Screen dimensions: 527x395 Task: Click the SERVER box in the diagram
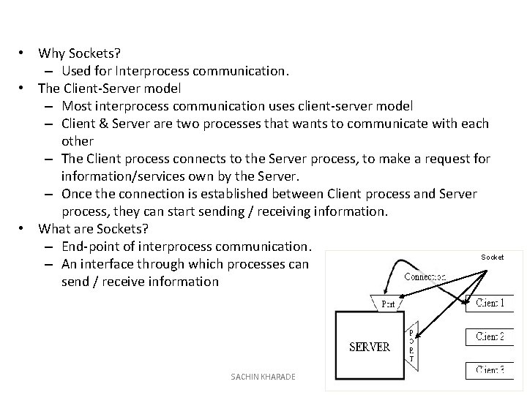370,345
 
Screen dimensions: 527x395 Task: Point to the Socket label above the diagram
492,257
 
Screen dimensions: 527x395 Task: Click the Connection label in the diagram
425,277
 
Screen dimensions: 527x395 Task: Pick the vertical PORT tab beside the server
411,343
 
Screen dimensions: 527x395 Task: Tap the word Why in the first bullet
51,53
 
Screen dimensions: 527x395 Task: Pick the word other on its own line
78,141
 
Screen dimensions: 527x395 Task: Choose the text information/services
131,176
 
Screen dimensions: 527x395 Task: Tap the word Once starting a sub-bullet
78,194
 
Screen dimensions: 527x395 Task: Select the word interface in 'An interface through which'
113,264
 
